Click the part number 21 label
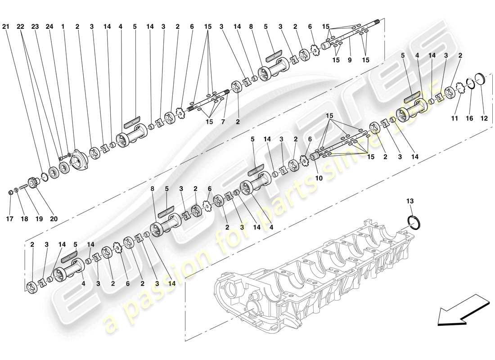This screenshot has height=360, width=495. [5, 27]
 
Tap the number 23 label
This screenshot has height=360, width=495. [35, 27]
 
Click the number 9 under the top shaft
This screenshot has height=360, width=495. [349, 60]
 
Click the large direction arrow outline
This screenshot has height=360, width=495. [463, 310]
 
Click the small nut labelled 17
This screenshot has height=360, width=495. [10, 193]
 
